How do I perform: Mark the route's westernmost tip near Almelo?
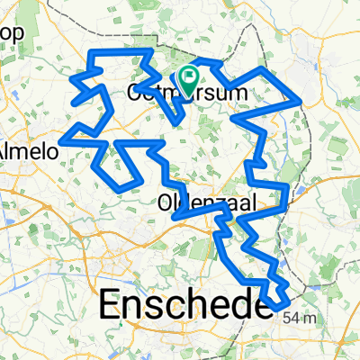(63, 140)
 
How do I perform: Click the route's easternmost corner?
(301, 102)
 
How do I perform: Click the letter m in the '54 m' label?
(311, 318)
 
